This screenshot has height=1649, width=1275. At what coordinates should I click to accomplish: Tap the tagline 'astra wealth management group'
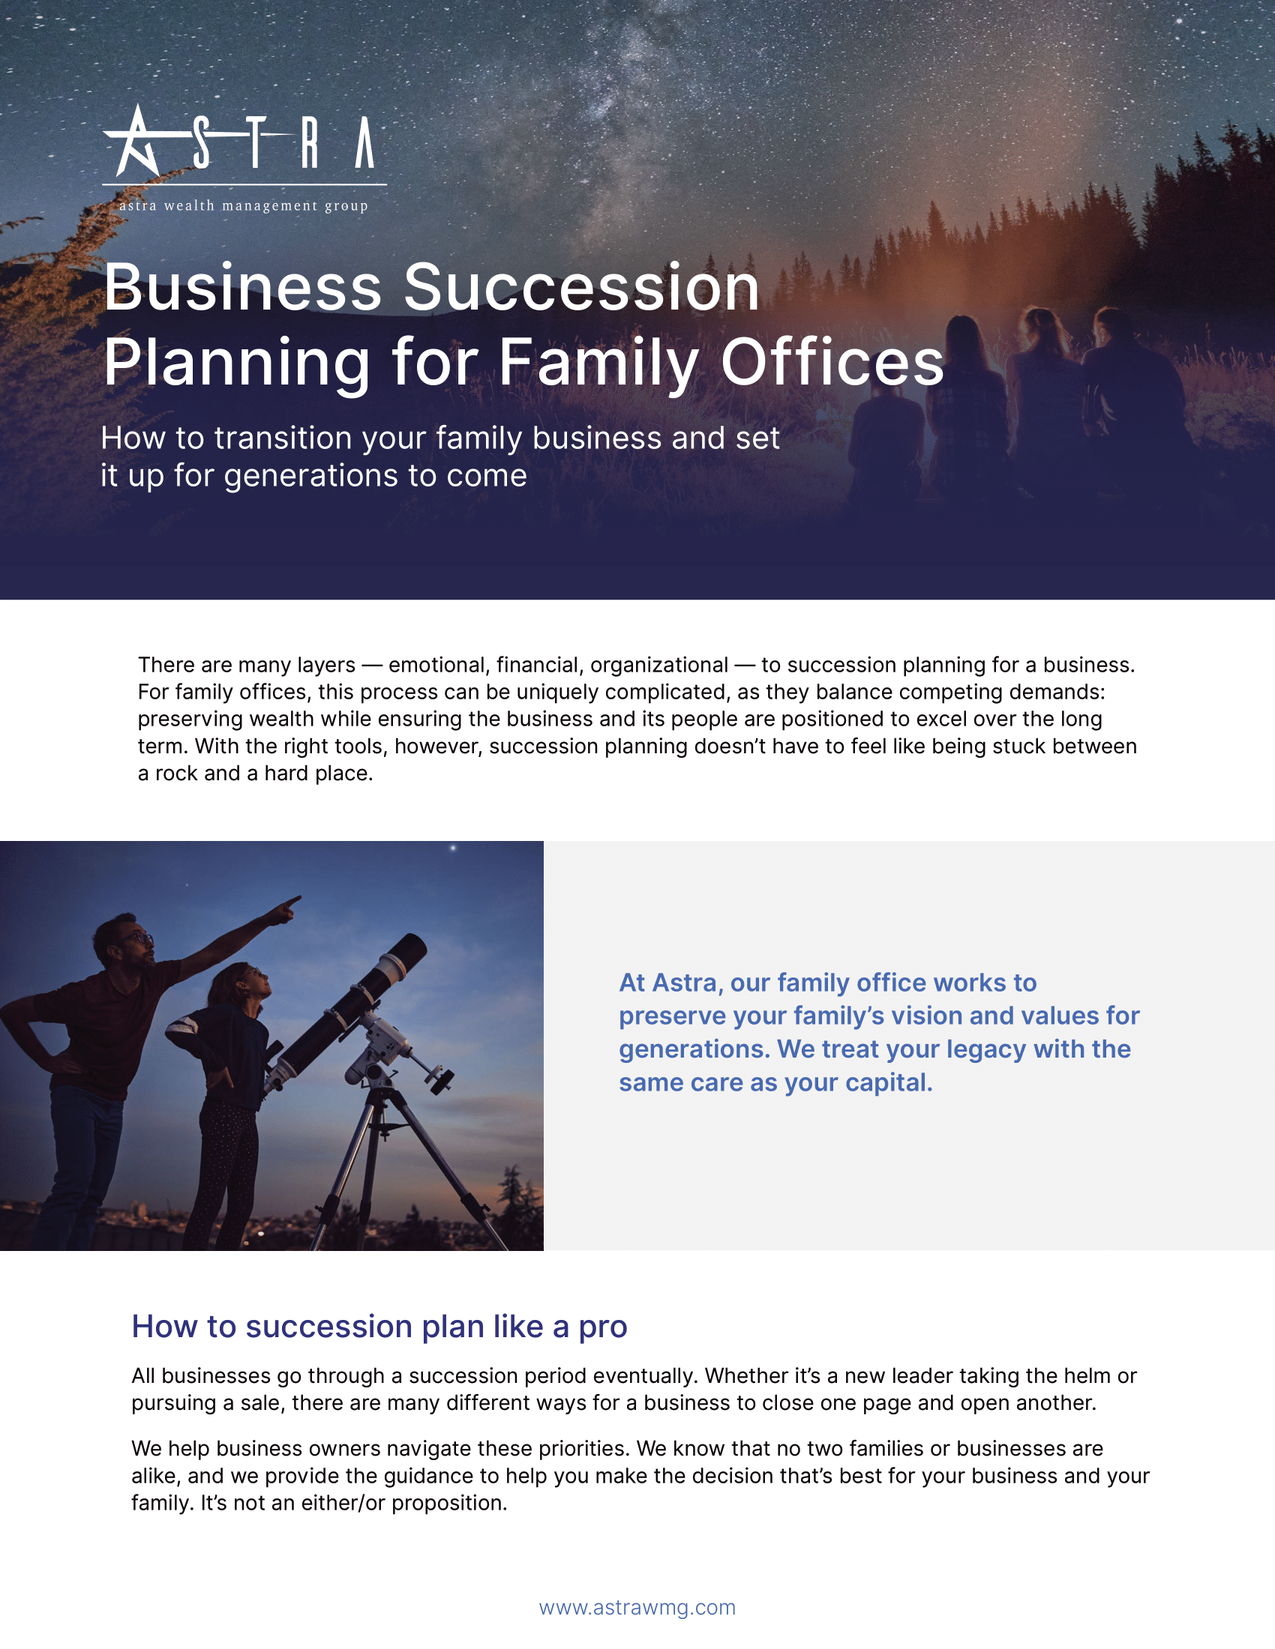tap(244, 205)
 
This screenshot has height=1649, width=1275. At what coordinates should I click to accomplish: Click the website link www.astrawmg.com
tap(637, 1608)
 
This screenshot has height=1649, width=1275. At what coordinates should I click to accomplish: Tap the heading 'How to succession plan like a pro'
tap(379, 1327)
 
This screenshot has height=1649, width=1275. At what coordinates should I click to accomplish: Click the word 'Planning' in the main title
tap(237, 364)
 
